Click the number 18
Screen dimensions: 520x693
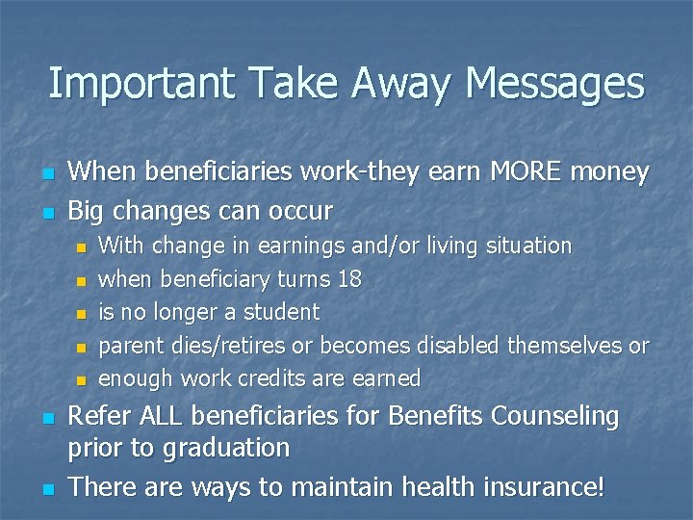(348, 279)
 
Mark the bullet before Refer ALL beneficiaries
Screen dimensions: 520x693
(48, 419)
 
